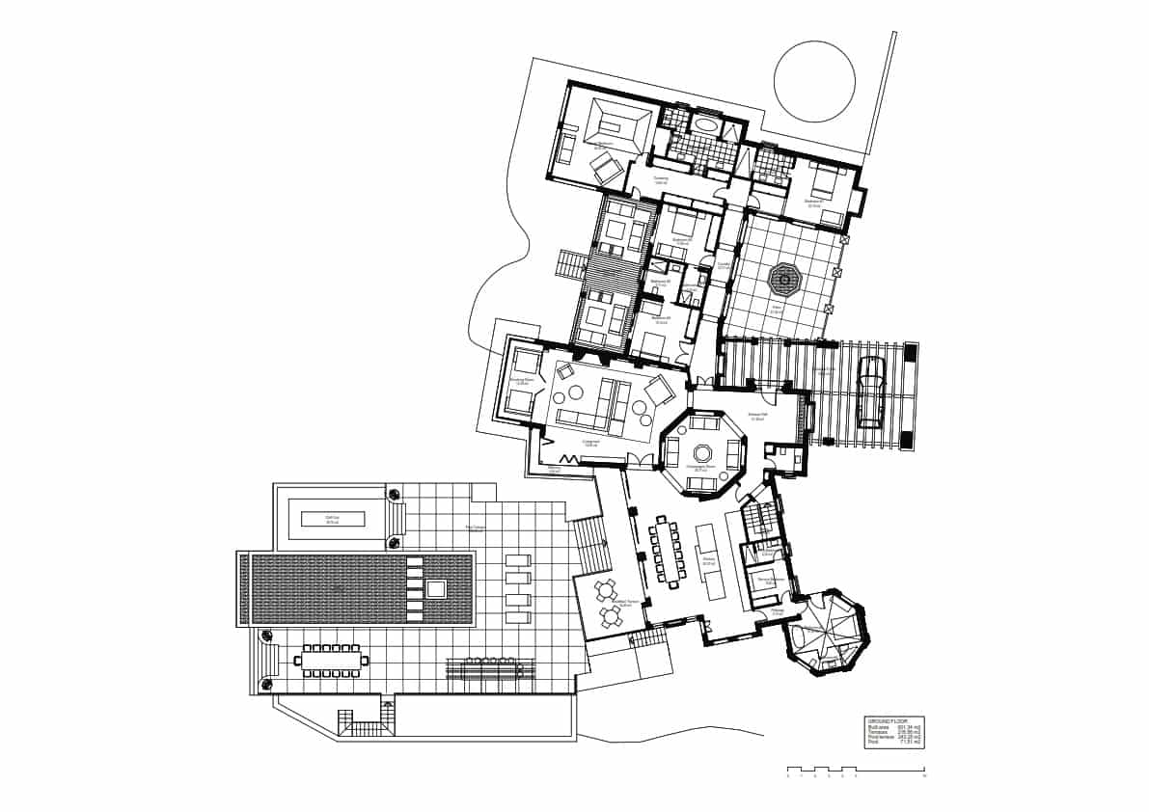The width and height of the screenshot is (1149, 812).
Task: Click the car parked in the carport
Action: coord(870,393)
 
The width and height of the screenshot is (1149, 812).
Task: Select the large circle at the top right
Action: coord(814,81)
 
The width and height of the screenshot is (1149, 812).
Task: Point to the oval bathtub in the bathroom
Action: coord(706,125)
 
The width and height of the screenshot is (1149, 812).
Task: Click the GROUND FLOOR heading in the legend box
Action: coord(888,721)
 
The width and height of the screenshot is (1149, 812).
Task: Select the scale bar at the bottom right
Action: coord(856,773)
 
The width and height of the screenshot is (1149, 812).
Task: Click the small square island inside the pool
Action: coord(435,589)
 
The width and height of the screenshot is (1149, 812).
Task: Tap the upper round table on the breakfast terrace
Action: coord(605,590)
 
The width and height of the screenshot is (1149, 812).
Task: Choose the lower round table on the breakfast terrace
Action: coord(611,615)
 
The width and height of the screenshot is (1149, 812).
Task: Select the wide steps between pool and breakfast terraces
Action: coord(590,546)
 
